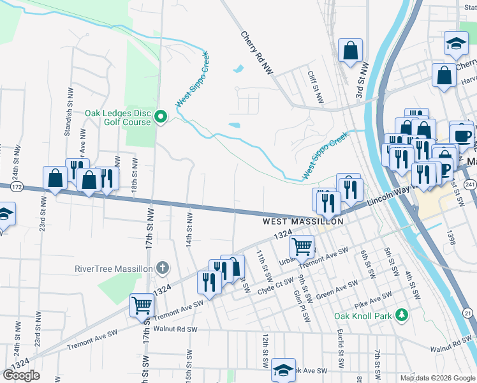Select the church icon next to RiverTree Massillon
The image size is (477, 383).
(163, 268)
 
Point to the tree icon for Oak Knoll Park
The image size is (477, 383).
(402, 315)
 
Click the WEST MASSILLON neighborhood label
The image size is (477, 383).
(304, 222)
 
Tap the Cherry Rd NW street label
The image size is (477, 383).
(256, 54)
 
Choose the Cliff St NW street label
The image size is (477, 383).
(315, 88)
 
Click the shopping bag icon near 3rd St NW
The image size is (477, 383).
(351, 50)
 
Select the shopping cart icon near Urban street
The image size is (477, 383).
(302, 245)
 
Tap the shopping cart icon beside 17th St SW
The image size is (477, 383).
(142, 304)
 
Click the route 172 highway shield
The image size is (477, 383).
(17, 187)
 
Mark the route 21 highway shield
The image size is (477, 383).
(467, 313)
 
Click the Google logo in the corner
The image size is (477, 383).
(21, 375)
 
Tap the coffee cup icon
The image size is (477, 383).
(462, 135)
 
